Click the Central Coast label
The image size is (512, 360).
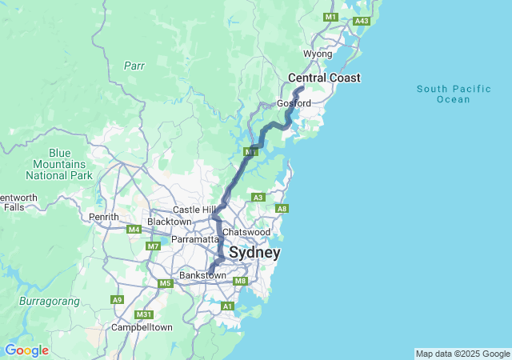(324, 78)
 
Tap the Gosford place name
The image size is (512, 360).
(294, 103)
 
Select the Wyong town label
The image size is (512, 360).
(318, 54)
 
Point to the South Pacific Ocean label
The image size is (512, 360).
(454, 93)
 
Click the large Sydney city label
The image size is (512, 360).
(254, 253)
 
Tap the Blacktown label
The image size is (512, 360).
(170, 221)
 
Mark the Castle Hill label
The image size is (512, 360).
(192, 209)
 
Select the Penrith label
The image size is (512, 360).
(104, 217)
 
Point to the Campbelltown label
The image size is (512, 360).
(142, 327)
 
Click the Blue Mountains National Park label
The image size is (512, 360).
(58, 163)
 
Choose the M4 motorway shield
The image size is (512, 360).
(134, 230)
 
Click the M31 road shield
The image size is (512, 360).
(144, 314)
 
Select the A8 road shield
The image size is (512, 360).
(282, 209)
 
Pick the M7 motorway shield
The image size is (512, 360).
(153, 246)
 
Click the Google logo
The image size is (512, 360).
(26, 350)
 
